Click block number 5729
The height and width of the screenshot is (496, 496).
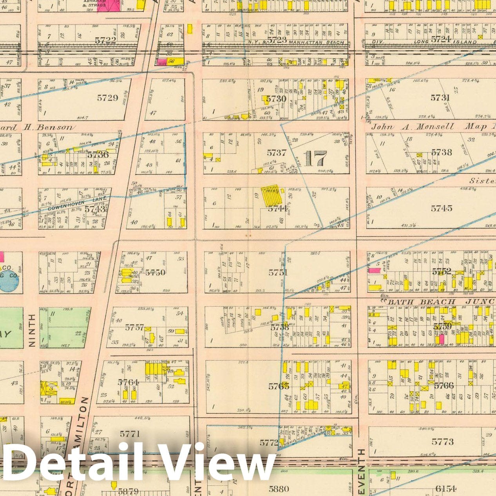(107, 98)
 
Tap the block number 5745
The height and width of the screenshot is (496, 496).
(442, 208)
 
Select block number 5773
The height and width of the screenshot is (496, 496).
(442, 442)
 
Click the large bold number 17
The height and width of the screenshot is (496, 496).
(315, 159)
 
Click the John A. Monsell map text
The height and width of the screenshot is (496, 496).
(412, 127)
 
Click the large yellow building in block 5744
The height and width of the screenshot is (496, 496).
(272, 196)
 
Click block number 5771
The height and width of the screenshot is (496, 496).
(130, 434)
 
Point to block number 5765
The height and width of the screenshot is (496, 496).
(279, 386)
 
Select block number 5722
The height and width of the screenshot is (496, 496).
(105, 40)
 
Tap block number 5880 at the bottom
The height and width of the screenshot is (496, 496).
(279, 489)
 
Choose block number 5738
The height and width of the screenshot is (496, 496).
(441, 152)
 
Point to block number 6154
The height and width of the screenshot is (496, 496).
(445, 489)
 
